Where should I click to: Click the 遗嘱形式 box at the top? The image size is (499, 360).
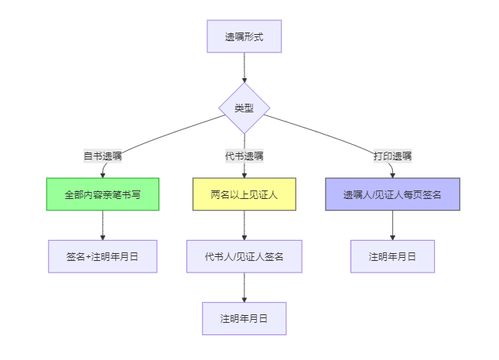[x=244, y=36]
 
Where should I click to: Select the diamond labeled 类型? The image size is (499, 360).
[x=244, y=108]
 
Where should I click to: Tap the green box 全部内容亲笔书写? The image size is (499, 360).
[x=102, y=194]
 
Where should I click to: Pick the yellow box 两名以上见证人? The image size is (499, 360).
[x=244, y=194]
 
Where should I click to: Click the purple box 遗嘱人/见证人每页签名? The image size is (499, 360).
[x=392, y=194]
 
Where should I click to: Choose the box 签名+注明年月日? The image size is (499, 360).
[x=102, y=256]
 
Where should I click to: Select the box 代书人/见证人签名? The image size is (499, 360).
[x=244, y=256]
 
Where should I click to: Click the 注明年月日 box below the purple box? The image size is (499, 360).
[x=392, y=256]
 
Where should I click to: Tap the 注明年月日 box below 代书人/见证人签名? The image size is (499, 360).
[x=244, y=318]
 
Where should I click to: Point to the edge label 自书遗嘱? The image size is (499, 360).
[x=102, y=156]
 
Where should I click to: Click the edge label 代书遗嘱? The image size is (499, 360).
[x=244, y=156]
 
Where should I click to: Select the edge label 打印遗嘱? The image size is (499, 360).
[x=392, y=156]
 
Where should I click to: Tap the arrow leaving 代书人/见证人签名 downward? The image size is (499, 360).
[x=244, y=286]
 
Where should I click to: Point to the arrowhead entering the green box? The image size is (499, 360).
[x=102, y=174]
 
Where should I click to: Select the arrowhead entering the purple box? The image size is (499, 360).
[x=392, y=174]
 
